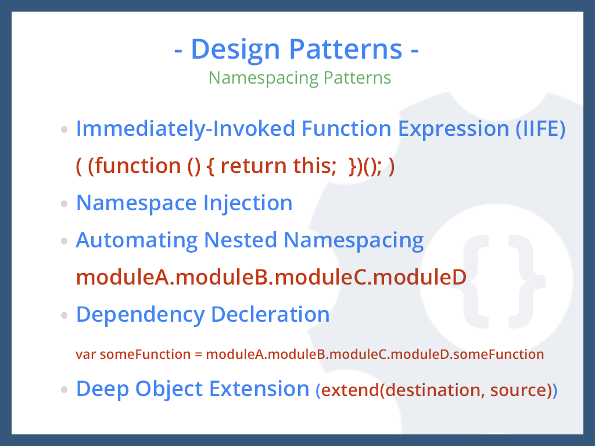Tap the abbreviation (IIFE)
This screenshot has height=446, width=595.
(540, 129)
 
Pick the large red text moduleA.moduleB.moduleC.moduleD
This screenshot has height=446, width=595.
(271, 278)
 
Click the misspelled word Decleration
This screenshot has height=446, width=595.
(270, 315)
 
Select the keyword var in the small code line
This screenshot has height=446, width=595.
(86, 354)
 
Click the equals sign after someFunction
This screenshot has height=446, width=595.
(198, 354)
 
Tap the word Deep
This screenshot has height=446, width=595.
(103, 389)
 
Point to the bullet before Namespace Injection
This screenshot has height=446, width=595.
(65, 204)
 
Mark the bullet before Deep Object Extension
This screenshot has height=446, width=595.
(65, 390)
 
